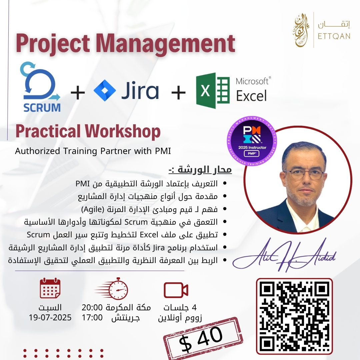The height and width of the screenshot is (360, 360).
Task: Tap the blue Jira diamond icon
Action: click(105, 90)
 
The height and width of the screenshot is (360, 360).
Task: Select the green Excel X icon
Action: click(213, 91)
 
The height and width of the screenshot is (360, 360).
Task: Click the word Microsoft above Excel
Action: click(252, 81)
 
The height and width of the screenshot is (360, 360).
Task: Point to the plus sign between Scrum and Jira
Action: click(78, 92)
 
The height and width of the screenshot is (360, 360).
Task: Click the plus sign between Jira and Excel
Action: click(178, 92)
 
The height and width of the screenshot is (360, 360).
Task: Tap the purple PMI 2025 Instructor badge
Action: click(252, 141)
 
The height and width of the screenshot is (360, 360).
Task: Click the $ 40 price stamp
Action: click(203, 337)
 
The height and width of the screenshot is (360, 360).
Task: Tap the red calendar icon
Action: click(50, 288)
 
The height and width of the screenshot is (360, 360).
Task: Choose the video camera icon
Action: click(176, 290)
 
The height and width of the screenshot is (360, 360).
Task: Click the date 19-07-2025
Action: click(50, 318)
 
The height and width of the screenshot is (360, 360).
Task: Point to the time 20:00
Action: click(92, 307)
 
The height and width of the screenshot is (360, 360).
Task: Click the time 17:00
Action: click(92, 318)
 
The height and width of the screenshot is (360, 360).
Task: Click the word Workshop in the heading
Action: click(123, 131)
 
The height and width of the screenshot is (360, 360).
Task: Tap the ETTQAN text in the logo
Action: click(334, 36)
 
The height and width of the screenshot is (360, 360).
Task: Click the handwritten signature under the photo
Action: click(284, 255)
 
